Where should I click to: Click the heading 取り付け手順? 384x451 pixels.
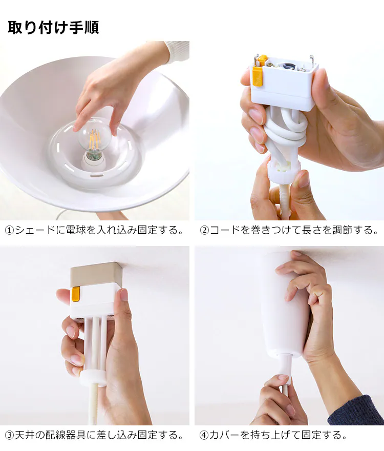click(53, 28)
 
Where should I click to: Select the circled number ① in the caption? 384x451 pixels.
click(10, 231)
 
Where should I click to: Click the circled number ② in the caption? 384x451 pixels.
click(204, 231)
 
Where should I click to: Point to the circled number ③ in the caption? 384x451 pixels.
click(10, 435)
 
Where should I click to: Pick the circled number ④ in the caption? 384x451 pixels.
click(204, 435)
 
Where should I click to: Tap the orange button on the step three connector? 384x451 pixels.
click(76, 295)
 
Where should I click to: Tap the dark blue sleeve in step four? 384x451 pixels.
click(356, 411)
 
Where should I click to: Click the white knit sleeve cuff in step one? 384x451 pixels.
click(177, 52)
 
